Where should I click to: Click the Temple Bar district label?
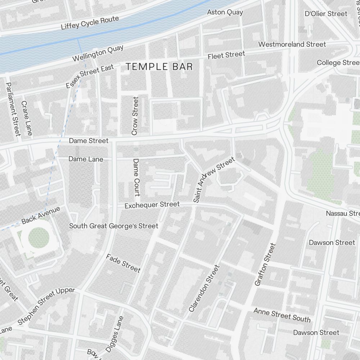click(x=159, y=67)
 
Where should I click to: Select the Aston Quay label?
click(x=225, y=12)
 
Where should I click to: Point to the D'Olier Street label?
click(x=326, y=14)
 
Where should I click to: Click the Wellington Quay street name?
click(x=98, y=53)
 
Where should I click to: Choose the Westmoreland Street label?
click(x=292, y=44)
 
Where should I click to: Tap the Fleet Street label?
click(x=226, y=55)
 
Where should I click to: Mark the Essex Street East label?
click(x=90, y=76)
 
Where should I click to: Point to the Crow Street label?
click(x=135, y=116)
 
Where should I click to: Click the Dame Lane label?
click(x=86, y=159)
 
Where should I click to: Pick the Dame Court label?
click(x=136, y=177)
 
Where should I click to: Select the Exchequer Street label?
click(x=152, y=205)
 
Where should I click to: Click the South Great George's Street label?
click(x=113, y=226)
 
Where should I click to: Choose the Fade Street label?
click(x=123, y=263)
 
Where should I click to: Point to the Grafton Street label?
click(x=265, y=265)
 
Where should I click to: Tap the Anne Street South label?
click(x=282, y=315)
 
